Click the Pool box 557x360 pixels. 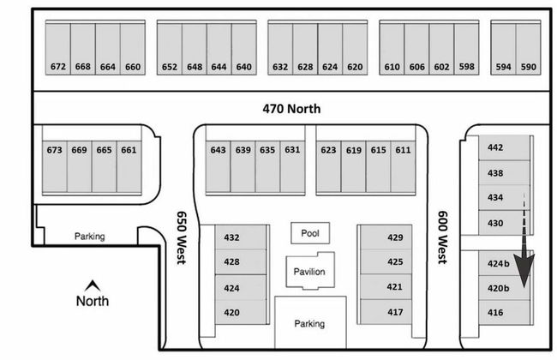[309, 233]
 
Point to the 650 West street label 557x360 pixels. [182, 237]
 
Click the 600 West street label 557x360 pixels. [443, 237]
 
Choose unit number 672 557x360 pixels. [57, 67]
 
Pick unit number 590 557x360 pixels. [528, 67]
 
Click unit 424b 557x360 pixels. [499, 264]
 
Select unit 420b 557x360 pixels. [499, 289]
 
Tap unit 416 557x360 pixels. [495, 313]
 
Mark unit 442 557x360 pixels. [495, 147]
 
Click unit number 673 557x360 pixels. [55, 150]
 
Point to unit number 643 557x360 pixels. [219, 150]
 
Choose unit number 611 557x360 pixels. [403, 150]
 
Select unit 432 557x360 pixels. [231, 237]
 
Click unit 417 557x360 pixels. [395, 312]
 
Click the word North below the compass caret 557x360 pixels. [93, 301]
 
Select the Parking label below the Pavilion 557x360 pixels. [309, 324]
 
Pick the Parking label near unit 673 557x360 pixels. [89, 237]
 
